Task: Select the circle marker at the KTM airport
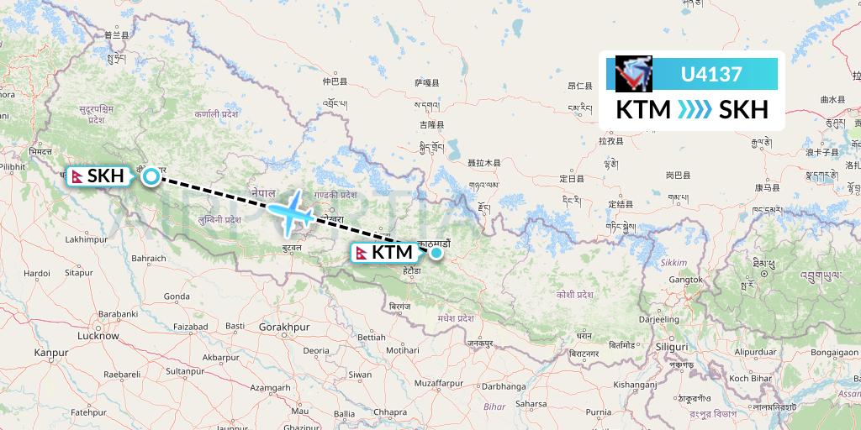(x=436, y=252)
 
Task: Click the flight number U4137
(x=711, y=74)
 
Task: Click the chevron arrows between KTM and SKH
(x=695, y=110)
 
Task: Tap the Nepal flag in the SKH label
(x=77, y=176)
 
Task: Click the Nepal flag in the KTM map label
(x=362, y=252)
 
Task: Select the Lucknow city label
(x=98, y=336)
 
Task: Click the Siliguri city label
(x=672, y=346)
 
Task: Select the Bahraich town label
(x=148, y=259)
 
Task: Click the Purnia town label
(x=598, y=412)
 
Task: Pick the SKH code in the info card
(x=743, y=110)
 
